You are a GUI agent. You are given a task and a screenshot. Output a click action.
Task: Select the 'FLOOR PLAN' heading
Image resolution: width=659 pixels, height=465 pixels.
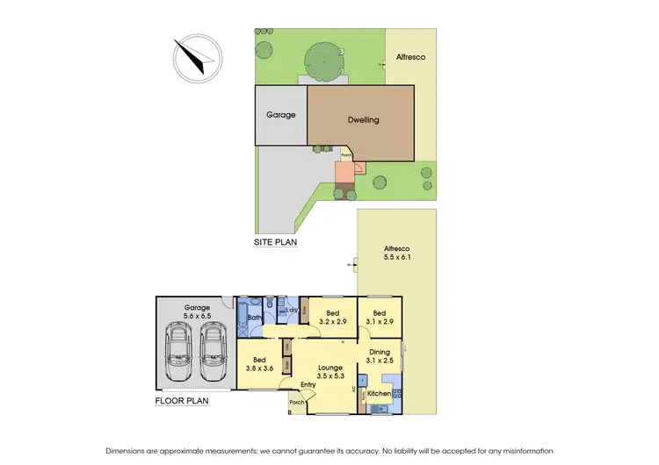(x=182, y=401)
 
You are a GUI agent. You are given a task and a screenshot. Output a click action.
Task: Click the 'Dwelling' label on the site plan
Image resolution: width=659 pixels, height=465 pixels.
(x=361, y=120)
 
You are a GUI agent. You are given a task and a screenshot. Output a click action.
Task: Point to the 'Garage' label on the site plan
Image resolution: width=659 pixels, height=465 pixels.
(x=281, y=115)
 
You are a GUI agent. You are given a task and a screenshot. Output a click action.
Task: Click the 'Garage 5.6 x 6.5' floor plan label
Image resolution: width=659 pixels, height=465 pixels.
(x=198, y=311)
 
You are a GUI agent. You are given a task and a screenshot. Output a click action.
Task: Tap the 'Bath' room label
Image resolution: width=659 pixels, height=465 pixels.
(x=254, y=318)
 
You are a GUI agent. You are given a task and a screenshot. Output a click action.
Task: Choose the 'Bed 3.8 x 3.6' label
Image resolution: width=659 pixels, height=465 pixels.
(x=260, y=364)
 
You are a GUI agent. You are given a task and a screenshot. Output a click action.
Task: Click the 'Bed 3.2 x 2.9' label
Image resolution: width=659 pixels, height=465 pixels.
(x=332, y=317)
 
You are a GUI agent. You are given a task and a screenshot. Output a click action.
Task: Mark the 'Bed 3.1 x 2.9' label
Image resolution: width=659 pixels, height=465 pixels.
(x=379, y=317)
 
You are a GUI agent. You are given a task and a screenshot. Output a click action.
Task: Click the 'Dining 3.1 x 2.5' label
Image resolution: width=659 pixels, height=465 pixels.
(x=379, y=356)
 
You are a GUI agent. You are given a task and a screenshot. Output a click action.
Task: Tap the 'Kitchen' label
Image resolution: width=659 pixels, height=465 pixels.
(x=379, y=394)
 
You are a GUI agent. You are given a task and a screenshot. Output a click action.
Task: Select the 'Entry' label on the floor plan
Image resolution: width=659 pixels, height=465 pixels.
(x=308, y=384)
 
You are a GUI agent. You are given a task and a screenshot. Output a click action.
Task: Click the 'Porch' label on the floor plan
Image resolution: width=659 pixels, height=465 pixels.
(x=296, y=402)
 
